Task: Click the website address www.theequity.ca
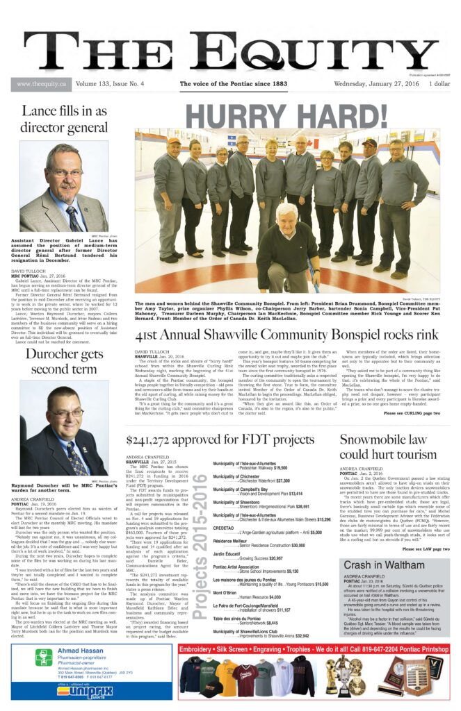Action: click(38, 85)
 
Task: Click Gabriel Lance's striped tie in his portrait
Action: click(72, 218)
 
